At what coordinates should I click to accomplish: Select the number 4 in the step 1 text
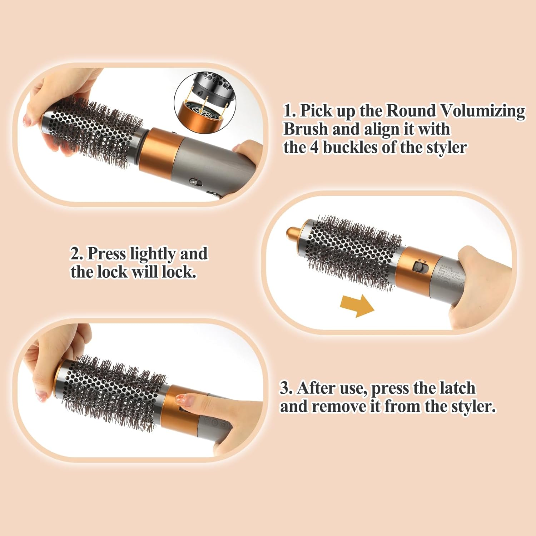click(314, 148)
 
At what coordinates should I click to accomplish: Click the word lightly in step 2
click(153, 254)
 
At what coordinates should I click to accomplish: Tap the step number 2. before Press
click(76, 254)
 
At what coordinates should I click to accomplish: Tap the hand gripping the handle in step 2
click(479, 282)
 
